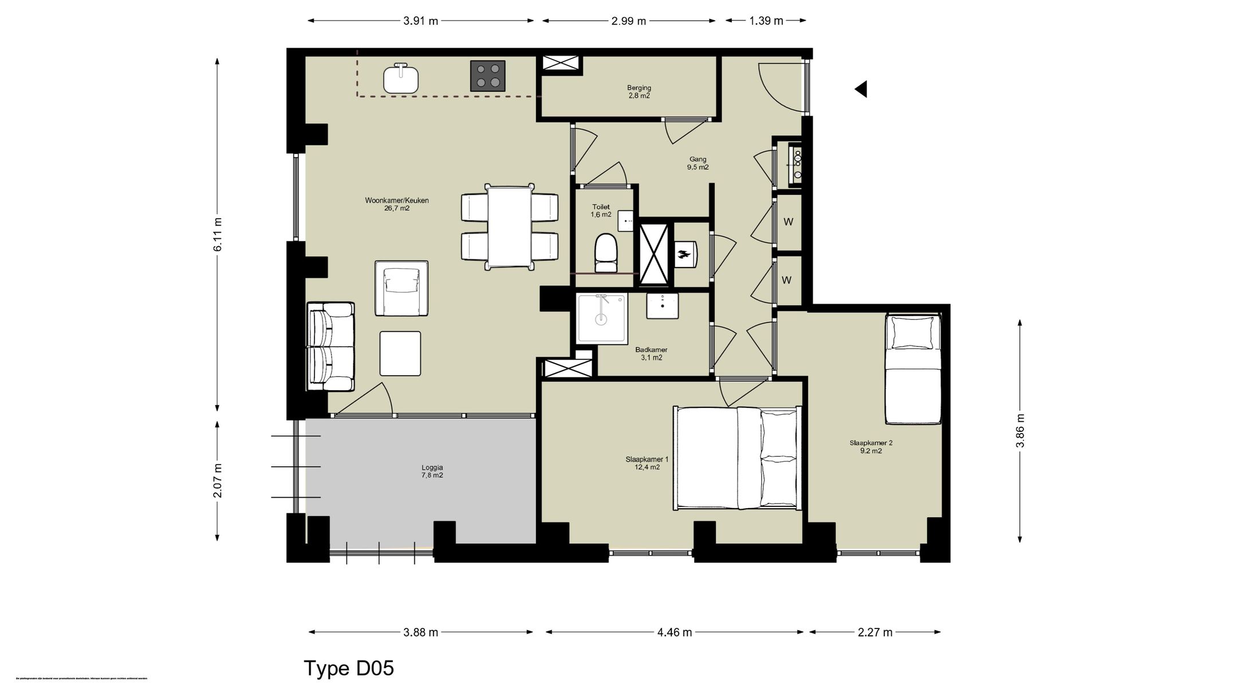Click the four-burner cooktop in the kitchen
click(x=488, y=76)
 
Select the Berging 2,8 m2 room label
click(x=639, y=92)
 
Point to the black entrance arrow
click(x=861, y=89)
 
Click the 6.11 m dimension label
click(x=218, y=234)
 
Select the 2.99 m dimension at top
click(x=628, y=21)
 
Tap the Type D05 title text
click(x=349, y=668)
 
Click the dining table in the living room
click(x=509, y=227)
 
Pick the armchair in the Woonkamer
click(x=401, y=288)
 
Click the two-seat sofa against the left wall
click(x=330, y=347)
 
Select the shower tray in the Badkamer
click(x=601, y=318)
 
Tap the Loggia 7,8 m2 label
click(x=432, y=471)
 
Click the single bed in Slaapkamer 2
click(x=913, y=369)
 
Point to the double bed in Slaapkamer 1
click(x=736, y=458)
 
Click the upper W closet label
click(x=788, y=222)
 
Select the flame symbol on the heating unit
click(x=683, y=254)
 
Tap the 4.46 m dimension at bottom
click(x=675, y=632)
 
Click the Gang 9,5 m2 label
click(x=698, y=163)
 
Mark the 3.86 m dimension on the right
click(x=1020, y=430)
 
